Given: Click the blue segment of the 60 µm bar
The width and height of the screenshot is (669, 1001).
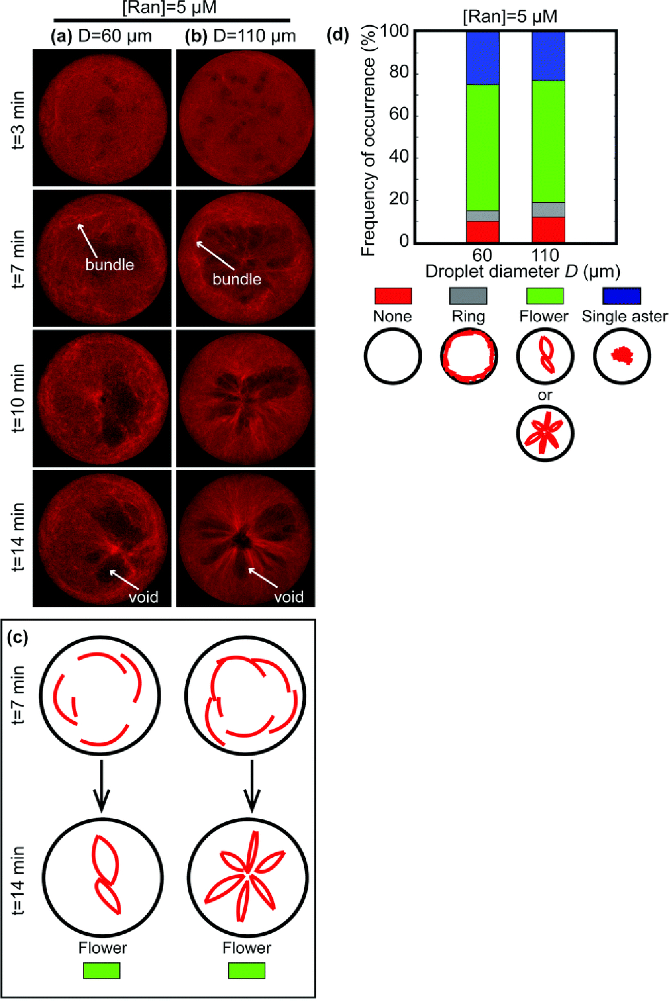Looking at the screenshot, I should [482, 57].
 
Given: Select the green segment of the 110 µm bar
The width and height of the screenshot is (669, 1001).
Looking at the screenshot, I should [548, 141].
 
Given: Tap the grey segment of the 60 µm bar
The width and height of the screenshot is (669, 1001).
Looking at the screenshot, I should [482, 216].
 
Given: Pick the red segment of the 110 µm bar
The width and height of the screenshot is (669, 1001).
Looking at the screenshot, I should [548, 229].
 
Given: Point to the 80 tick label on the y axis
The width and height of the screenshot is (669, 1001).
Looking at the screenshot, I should [398, 73].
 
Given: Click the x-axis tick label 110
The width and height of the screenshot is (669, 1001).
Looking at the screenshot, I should [545, 255].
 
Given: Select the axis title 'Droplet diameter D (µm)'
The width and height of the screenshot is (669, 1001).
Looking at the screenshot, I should [523, 272].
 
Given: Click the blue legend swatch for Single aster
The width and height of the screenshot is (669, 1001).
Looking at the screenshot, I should [622, 296].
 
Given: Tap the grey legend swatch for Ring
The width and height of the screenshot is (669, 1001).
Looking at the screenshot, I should [468, 296].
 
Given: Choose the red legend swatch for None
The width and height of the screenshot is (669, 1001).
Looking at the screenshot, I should [393, 296].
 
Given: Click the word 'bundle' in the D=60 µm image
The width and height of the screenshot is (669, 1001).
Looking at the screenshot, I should [109, 265].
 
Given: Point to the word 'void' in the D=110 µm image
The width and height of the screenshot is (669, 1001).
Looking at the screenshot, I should [289, 597].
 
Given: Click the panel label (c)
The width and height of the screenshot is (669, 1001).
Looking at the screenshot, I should [17, 637].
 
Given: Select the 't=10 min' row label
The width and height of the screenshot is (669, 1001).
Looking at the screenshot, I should [18, 398].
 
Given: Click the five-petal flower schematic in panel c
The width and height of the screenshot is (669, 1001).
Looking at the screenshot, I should [247, 876].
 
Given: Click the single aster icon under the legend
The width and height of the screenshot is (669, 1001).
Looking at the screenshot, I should [622, 355].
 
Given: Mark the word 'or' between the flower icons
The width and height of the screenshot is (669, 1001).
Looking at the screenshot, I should [545, 395].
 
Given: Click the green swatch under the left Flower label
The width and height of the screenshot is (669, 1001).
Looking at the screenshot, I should [102, 970].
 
